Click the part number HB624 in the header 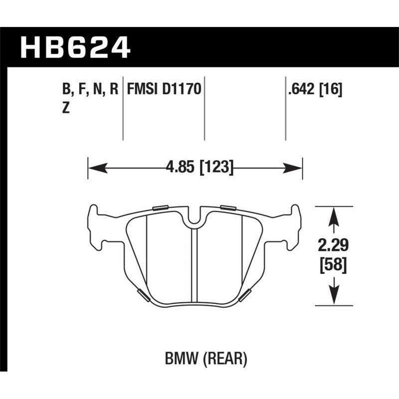point(75,48)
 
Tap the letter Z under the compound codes point(65,110)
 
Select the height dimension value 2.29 point(332,245)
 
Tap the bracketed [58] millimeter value point(332,263)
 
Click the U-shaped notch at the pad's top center point(195,217)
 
